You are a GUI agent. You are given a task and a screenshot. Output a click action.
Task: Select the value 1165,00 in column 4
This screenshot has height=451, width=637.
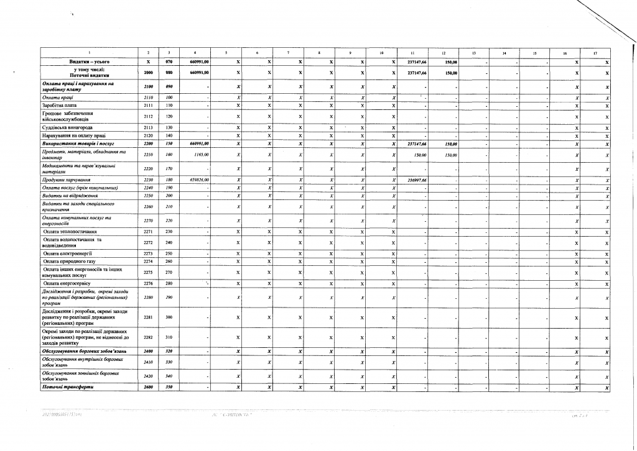[200, 155]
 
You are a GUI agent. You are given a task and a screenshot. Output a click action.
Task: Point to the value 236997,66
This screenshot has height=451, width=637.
[416, 180]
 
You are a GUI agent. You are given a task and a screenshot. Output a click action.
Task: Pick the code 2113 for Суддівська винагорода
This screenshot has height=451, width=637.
[147, 127]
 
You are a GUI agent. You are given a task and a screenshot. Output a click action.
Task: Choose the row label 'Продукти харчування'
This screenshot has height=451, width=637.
[65, 180]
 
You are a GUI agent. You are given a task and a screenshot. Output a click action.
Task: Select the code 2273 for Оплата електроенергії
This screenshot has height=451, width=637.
[147, 253]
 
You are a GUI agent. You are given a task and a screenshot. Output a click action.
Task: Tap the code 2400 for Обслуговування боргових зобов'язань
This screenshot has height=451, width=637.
[147, 351]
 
